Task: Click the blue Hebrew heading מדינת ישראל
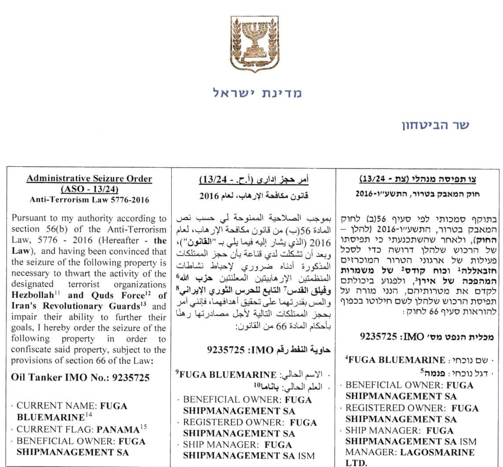pos(257,93)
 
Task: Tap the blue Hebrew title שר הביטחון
pos(435,125)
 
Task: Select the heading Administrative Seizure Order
pos(89,179)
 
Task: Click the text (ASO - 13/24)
pos(89,189)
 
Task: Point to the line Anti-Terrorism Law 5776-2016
pos(89,200)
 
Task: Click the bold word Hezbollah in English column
pos(33,295)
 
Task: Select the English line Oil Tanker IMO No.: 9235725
pos(80,377)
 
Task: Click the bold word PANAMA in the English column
pos(118,430)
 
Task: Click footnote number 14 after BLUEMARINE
pos(89,415)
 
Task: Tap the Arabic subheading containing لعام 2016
pos(254,196)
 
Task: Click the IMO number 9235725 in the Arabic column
pos(226,350)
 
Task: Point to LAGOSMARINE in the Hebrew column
pos(437,452)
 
